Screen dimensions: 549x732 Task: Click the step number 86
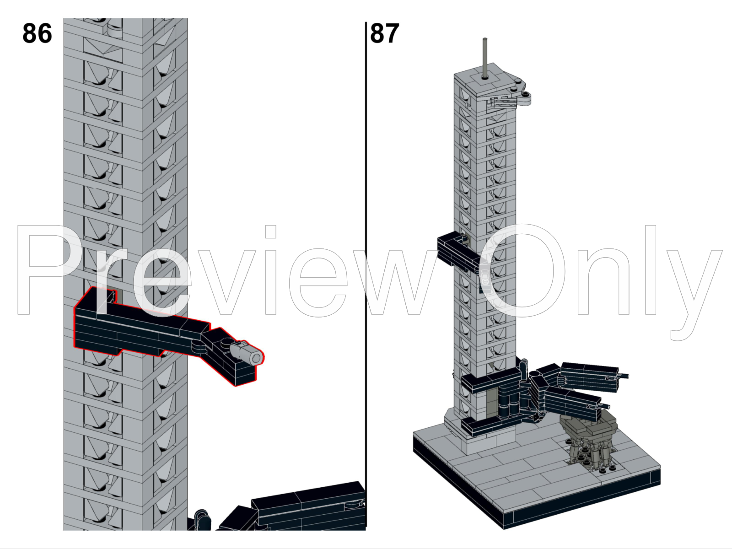[37, 34]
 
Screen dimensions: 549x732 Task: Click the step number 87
[384, 34]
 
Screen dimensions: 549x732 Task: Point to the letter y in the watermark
[693, 293]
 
